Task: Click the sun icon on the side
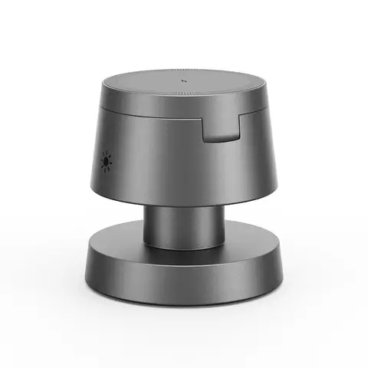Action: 107,162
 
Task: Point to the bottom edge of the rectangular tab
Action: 222,142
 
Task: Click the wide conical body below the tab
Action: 199,172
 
